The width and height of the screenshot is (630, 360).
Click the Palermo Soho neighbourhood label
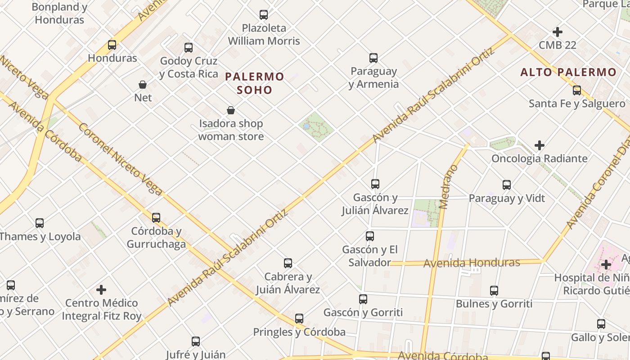(x=255, y=83)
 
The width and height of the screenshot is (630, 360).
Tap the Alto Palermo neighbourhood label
(x=568, y=72)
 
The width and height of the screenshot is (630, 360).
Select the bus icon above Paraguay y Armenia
(x=373, y=58)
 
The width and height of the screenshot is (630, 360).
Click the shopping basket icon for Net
(x=143, y=85)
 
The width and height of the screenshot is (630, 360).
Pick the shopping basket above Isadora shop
(x=231, y=110)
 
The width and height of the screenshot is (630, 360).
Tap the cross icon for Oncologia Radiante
(x=540, y=145)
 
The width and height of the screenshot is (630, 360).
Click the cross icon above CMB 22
(x=558, y=32)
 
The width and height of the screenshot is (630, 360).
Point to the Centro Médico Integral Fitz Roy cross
(x=102, y=290)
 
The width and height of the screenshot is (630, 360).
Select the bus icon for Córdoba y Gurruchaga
(x=156, y=218)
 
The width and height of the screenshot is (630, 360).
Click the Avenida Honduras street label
(x=472, y=262)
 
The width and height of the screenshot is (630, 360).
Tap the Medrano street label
(x=448, y=187)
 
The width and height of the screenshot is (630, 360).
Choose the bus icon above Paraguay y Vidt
(x=507, y=185)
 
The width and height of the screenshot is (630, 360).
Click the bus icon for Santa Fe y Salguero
(x=577, y=90)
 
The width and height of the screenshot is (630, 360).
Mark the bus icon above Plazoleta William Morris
(x=264, y=15)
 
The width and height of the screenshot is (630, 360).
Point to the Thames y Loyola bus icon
(x=40, y=223)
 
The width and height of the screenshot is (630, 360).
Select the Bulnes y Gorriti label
(x=494, y=304)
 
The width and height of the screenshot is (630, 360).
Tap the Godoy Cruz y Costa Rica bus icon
(x=189, y=47)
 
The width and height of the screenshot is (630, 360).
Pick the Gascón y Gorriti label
(x=363, y=312)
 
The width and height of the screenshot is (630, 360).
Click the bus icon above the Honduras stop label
(x=112, y=45)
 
